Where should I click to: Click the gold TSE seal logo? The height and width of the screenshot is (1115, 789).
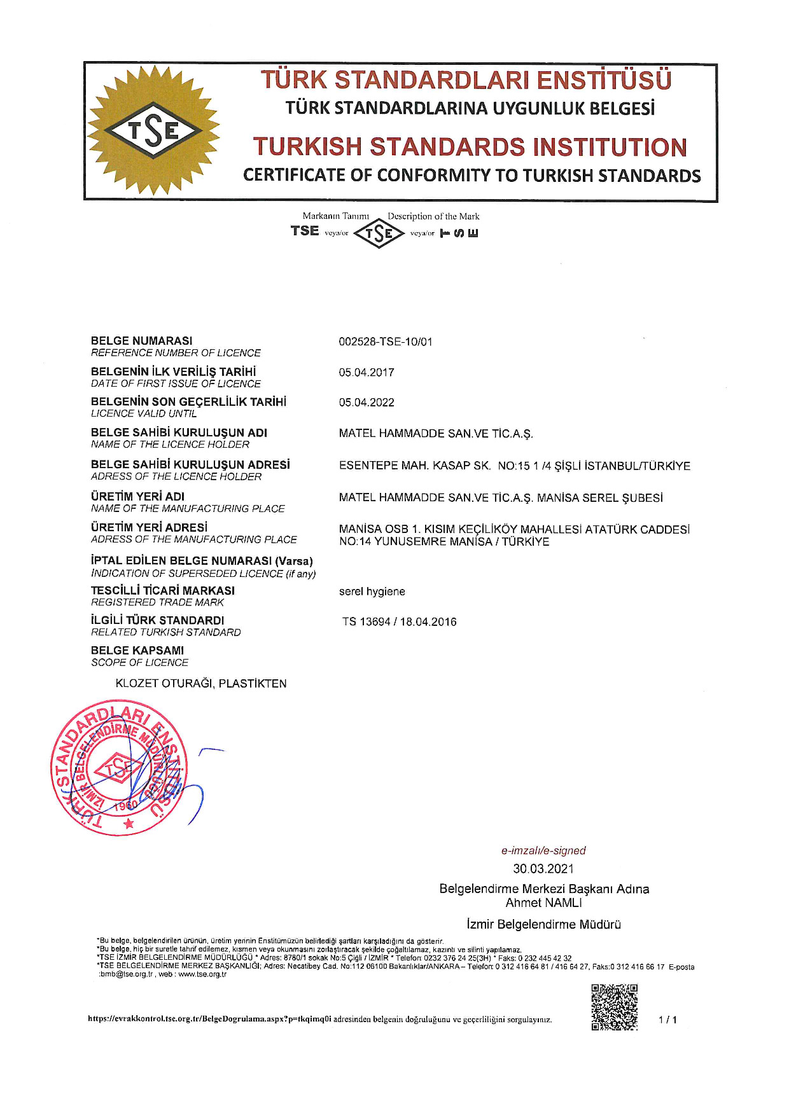click(153, 130)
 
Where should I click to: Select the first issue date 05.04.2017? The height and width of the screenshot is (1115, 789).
click(366, 372)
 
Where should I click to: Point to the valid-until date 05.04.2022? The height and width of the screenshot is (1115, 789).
click(366, 403)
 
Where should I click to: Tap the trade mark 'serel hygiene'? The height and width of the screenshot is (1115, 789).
click(372, 592)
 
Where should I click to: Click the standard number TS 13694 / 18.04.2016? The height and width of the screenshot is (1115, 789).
click(399, 622)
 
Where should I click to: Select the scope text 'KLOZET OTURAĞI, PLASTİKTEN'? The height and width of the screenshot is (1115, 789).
click(201, 684)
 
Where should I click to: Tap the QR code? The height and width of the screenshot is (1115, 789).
click(614, 1007)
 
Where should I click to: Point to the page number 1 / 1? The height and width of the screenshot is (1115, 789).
click(667, 1020)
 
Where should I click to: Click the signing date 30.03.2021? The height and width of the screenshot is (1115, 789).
click(543, 869)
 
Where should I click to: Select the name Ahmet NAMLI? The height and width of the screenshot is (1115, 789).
click(543, 903)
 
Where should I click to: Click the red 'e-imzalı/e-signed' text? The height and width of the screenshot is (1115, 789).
click(543, 850)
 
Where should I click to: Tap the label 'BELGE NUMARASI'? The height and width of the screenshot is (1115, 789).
click(141, 341)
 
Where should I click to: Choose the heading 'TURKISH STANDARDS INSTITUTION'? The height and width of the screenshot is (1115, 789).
click(470, 147)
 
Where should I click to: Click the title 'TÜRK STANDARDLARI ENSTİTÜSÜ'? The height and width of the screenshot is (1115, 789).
click(466, 80)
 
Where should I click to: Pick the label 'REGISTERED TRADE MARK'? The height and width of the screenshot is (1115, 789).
click(157, 602)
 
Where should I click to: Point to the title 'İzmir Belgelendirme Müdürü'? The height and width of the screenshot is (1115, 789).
click(543, 924)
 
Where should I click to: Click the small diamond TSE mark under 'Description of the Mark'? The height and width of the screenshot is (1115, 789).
click(379, 233)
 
